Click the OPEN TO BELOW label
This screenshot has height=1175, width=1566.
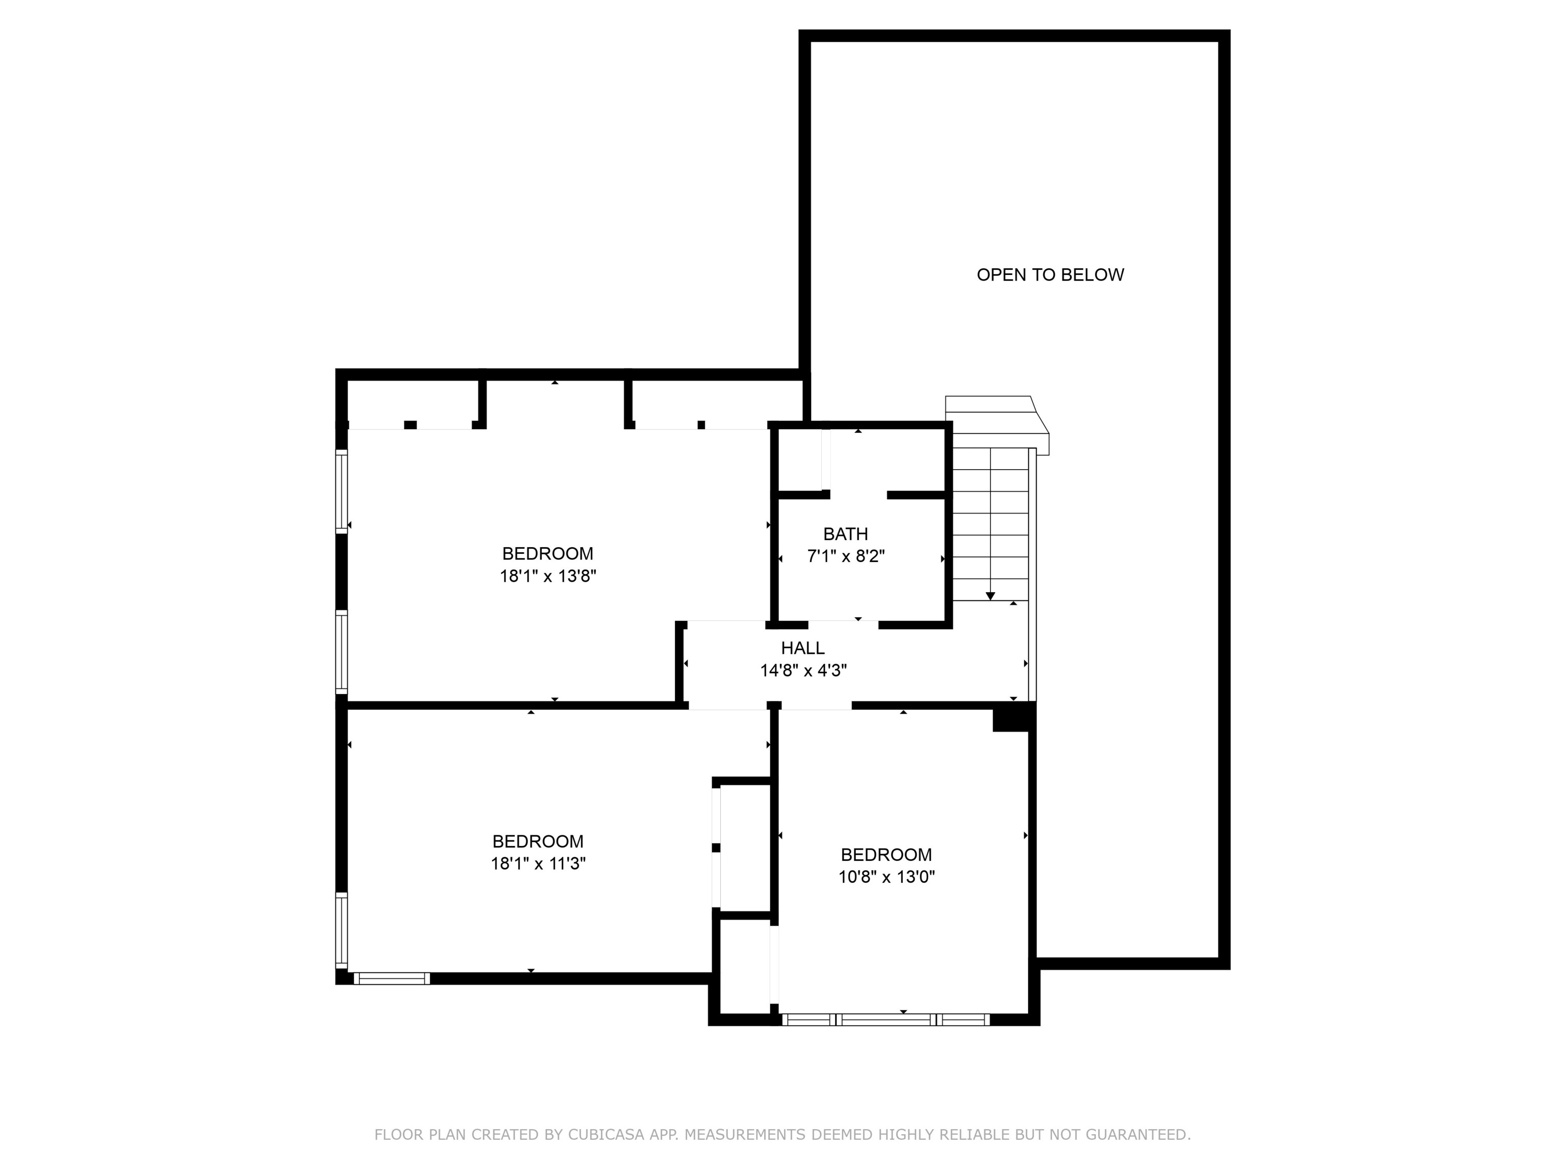1050,275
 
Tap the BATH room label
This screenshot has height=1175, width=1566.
845,534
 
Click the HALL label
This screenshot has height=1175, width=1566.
803,648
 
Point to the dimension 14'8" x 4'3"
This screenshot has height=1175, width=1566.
803,671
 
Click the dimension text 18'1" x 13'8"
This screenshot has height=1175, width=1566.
548,576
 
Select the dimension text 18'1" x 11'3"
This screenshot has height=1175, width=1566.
538,864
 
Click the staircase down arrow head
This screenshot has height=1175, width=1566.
990,596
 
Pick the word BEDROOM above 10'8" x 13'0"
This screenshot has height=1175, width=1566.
886,855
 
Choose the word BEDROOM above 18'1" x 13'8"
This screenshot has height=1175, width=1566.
548,554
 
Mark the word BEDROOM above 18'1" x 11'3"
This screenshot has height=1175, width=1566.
538,841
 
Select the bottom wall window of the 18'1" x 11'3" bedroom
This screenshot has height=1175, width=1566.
391,979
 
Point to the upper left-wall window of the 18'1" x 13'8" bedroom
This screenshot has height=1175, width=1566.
341,491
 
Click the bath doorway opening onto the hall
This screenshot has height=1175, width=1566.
843,625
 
